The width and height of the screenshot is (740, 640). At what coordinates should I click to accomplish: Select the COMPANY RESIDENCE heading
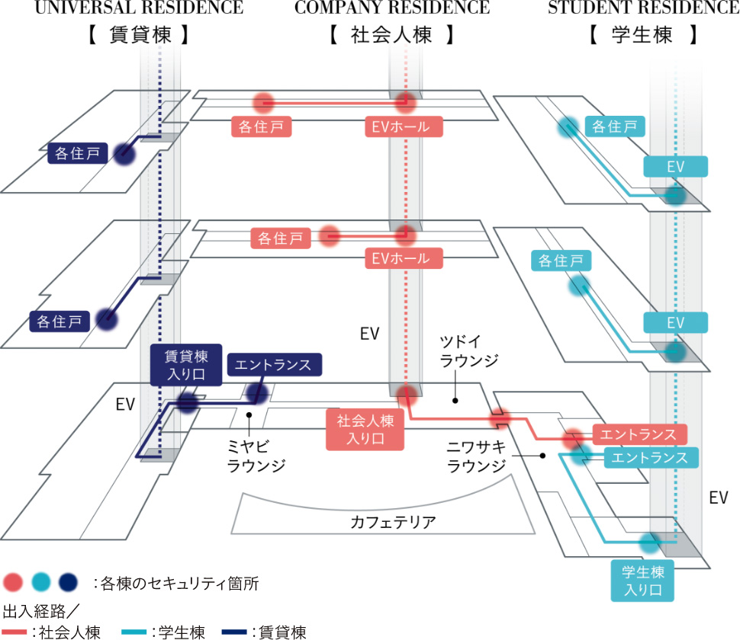(392, 8)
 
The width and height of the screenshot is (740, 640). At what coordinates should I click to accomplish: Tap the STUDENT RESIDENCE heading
(643, 8)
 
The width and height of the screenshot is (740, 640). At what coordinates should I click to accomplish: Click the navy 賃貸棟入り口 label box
(186, 364)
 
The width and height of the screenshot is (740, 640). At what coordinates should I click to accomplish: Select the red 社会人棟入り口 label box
(364, 429)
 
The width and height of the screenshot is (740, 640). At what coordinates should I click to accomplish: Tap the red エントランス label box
(638, 434)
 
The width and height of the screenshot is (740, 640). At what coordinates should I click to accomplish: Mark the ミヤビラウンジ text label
(256, 455)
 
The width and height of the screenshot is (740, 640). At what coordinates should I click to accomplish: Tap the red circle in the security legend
(13, 583)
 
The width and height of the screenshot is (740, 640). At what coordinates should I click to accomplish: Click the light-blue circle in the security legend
(41, 583)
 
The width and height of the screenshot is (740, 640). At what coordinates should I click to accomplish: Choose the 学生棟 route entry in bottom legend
(168, 632)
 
